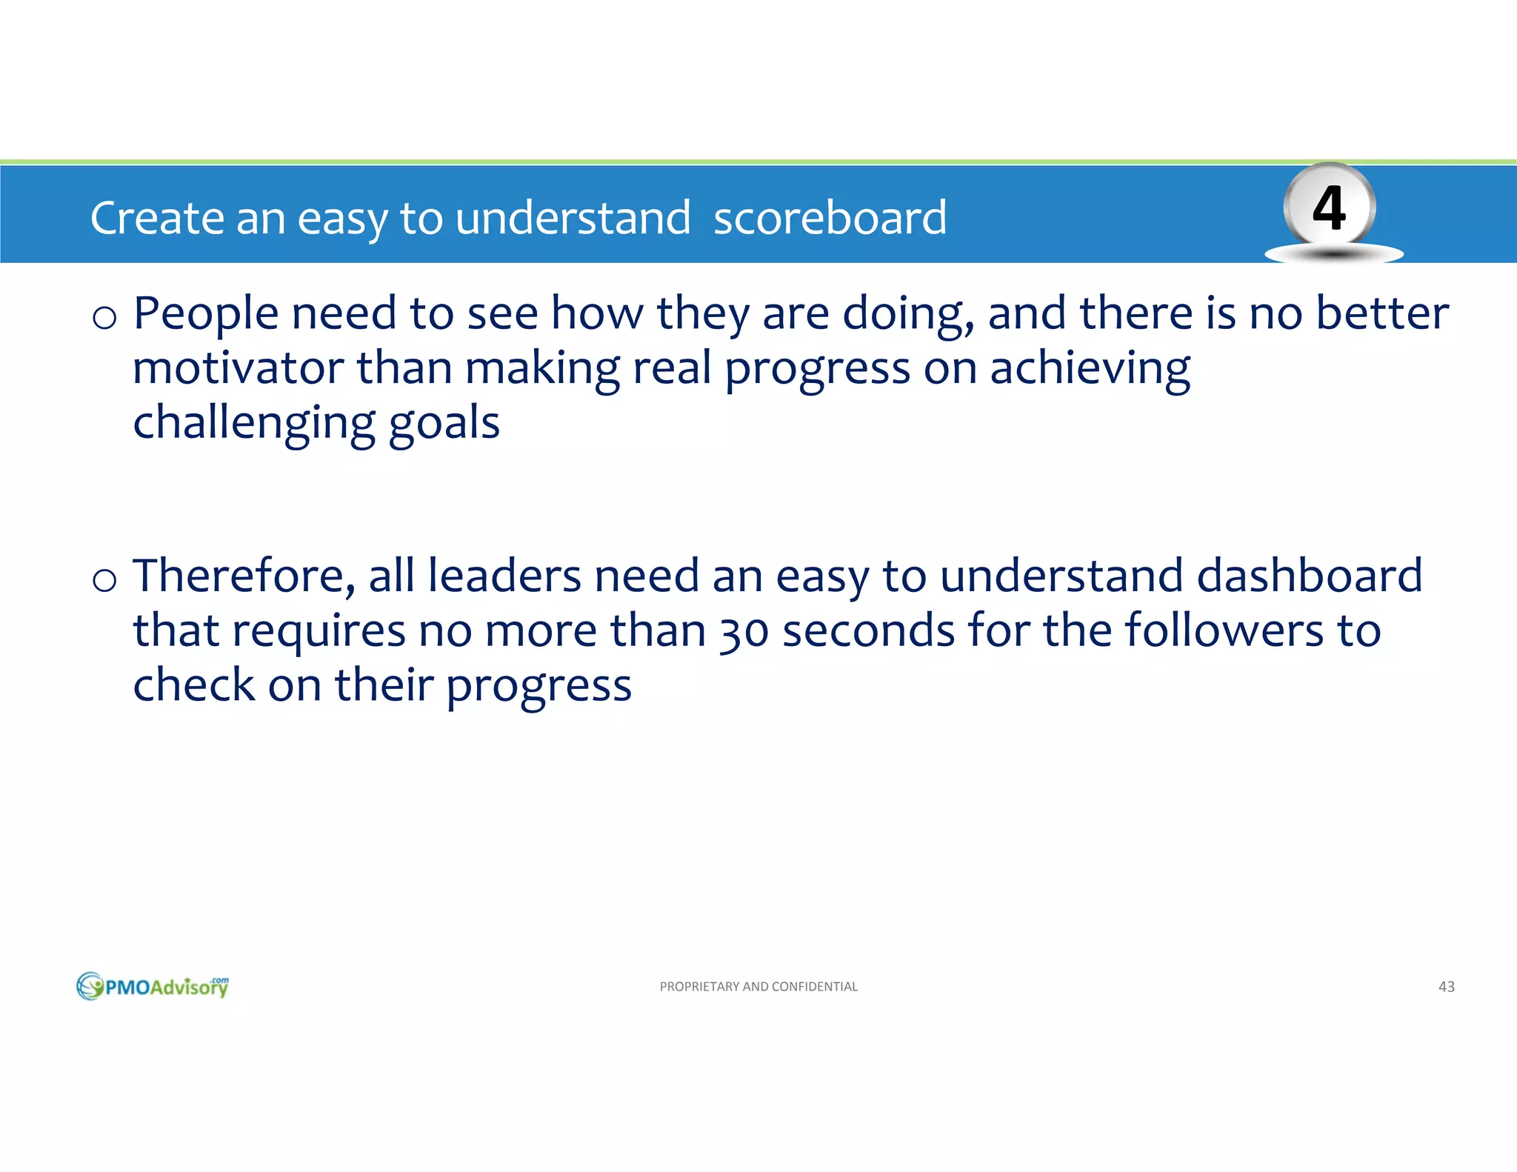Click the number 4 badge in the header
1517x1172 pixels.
1329,208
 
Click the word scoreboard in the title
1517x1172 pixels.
830,218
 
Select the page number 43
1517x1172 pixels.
1446,986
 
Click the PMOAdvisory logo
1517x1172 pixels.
153,986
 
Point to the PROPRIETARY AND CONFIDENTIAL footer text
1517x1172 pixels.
758,986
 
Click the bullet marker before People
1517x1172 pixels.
104,317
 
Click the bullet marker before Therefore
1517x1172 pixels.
104,579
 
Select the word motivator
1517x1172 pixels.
238,368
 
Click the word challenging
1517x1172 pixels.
253,424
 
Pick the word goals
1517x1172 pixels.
444,424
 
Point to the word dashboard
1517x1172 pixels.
1309,576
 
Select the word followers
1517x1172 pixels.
1224,630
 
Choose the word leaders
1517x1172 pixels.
504,576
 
